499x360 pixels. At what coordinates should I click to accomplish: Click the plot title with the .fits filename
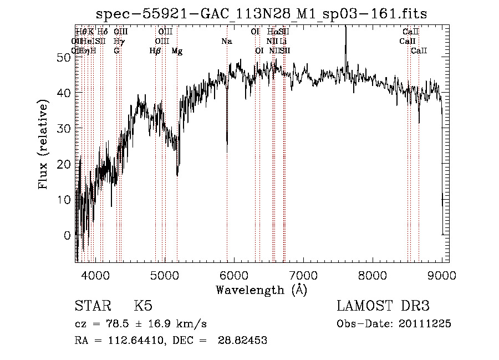[x=261, y=13]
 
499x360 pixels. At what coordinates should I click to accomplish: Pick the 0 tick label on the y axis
[x=67, y=235]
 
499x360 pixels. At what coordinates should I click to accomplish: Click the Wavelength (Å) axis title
[x=261, y=289]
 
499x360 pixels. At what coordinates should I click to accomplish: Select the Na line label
[x=226, y=42]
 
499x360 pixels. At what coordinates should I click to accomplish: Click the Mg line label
[x=177, y=51]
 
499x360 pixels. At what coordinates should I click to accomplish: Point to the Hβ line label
[x=155, y=51]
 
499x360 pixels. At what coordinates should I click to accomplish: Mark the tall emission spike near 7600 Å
[x=345, y=33]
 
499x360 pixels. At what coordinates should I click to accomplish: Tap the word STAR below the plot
[x=92, y=307]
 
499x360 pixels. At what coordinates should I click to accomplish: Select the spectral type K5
[x=143, y=307]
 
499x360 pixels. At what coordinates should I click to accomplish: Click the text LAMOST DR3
[x=383, y=306]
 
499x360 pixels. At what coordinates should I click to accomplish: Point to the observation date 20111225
[x=427, y=324]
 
